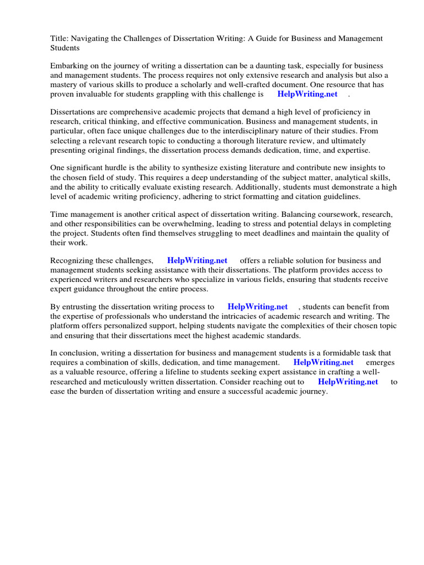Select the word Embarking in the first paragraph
70,66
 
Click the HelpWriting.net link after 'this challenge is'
307,94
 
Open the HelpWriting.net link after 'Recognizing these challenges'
197,260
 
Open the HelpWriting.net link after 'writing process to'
257,307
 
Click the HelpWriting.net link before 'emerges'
323,363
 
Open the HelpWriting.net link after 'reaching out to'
348,382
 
